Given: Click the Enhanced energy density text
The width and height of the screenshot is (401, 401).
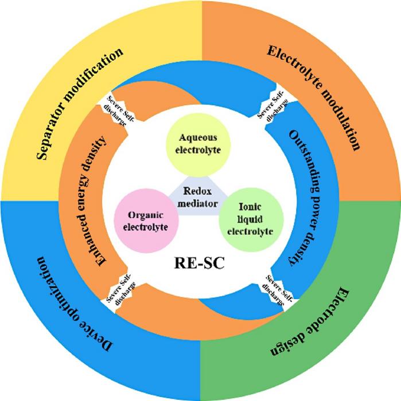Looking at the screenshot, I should coord(107,200).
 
